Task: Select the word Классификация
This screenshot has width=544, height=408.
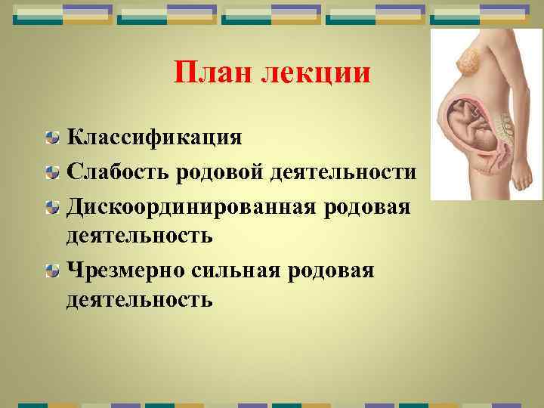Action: point(154,139)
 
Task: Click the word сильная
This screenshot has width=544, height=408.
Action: point(219,270)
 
